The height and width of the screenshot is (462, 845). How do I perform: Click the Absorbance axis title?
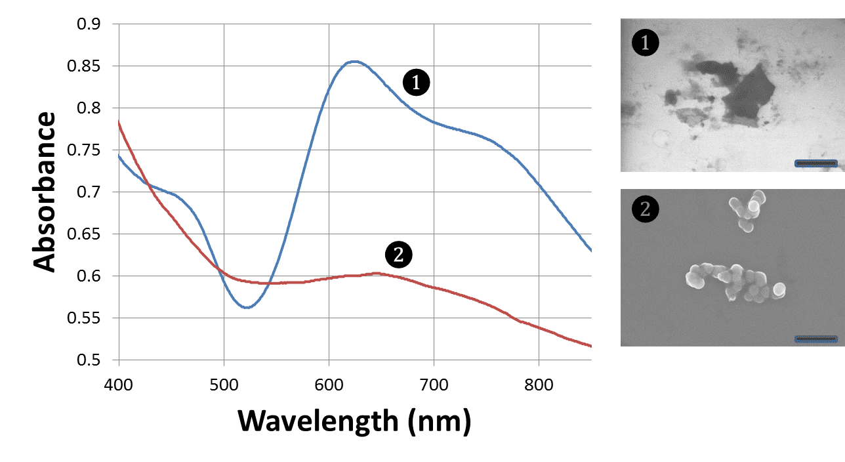(45, 192)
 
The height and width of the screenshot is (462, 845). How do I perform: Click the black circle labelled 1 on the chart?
(416, 83)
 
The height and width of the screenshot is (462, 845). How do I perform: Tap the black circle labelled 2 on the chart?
(398, 255)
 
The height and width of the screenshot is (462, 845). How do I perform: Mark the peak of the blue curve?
(354, 61)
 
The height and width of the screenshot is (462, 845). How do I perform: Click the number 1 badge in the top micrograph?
(645, 43)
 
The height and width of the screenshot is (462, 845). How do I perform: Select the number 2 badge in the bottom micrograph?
(645, 209)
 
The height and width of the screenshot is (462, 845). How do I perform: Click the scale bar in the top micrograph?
(816, 163)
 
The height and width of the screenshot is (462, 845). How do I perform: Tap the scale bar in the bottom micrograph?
(816, 339)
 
